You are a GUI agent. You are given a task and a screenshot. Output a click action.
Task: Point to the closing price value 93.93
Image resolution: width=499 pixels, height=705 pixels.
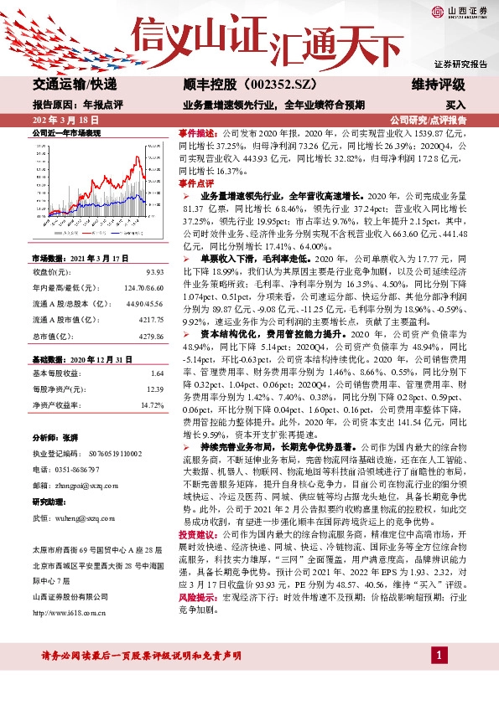point(153,273)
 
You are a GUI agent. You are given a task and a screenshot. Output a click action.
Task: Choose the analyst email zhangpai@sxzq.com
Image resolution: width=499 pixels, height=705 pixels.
point(84,485)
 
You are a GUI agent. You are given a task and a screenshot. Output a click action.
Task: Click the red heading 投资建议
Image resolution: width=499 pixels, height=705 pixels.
point(195,533)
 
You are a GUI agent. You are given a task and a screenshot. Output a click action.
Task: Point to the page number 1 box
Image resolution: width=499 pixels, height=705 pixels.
point(437,677)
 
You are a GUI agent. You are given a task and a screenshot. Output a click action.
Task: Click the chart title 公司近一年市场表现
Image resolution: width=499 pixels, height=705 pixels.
point(66,133)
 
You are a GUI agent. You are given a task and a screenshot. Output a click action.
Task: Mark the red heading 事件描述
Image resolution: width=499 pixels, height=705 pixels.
point(195,133)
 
